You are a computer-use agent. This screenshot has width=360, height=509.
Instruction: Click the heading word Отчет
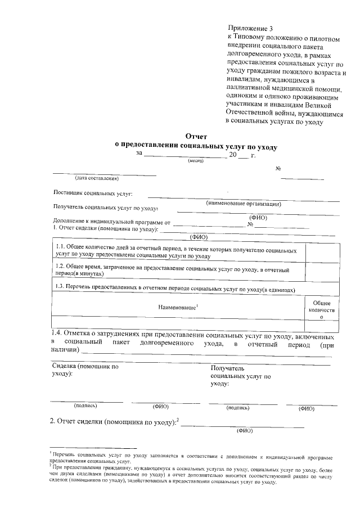click(x=196, y=137)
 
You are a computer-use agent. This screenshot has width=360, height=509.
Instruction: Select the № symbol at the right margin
click(x=278, y=169)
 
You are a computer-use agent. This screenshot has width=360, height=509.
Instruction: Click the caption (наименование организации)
click(x=244, y=204)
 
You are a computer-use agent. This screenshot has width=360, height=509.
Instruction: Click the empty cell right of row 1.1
click(x=322, y=251)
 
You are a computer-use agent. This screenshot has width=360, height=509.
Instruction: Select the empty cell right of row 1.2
click(x=322, y=271)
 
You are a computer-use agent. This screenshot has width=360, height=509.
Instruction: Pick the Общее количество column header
click(x=322, y=310)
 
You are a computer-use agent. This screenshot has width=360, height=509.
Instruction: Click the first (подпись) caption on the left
click(x=85, y=406)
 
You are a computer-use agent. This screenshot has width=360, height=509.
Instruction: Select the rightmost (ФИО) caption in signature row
click(x=307, y=408)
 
